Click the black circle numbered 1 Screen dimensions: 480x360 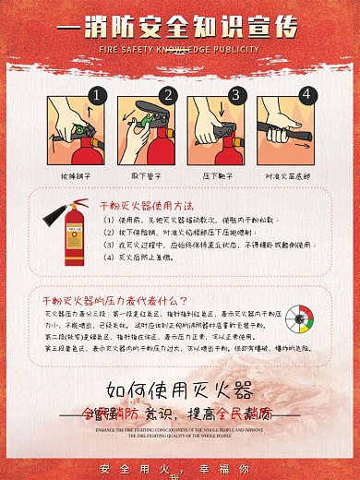pyautogui.click(x=98, y=94)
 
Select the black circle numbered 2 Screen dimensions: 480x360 pyautogui.click(x=168, y=94)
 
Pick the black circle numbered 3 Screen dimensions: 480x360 pyautogui.click(x=235, y=94)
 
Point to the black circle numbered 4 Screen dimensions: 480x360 pyautogui.click(x=306, y=94)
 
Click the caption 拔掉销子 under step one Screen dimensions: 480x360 pyautogui.click(x=76, y=174)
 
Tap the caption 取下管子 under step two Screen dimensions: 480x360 pyautogui.click(x=147, y=174)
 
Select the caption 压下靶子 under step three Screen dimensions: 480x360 pyautogui.click(x=215, y=174)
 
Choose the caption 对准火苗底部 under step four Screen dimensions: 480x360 pyautogui.click(x=287, y=174)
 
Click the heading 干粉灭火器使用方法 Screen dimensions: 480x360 pyautogui.click(x=145, y=205)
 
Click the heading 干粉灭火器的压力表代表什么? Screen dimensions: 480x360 pyautogui.click(x=114, y=301)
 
